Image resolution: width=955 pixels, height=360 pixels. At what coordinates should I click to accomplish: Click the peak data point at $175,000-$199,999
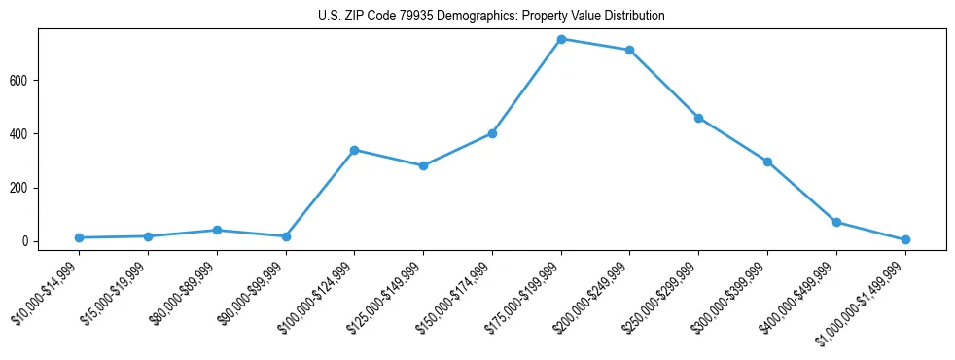[x=561, y=39]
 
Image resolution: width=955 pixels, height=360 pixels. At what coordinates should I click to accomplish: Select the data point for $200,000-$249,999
[x=630, y=50]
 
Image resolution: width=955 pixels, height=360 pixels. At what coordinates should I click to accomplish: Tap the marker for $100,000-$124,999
[x=354, y=150]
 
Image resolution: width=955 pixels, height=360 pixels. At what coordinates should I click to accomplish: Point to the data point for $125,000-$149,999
[x=423, y=165]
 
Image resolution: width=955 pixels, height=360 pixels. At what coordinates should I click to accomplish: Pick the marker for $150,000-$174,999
[x=492, y=133]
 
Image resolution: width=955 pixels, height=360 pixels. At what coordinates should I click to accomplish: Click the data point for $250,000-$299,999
[x=698, y=118]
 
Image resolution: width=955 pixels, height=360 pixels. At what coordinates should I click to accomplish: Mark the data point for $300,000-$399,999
[x=767, y=162]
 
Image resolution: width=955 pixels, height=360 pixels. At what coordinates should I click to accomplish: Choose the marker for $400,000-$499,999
[x=836, y=222]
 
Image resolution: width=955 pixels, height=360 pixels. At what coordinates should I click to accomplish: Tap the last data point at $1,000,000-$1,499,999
[x=905, y=239]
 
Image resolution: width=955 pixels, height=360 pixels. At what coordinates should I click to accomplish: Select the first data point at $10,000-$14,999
[x=79, y=237]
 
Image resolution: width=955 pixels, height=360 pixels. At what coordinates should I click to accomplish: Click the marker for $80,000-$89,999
[x=217, y=230]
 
